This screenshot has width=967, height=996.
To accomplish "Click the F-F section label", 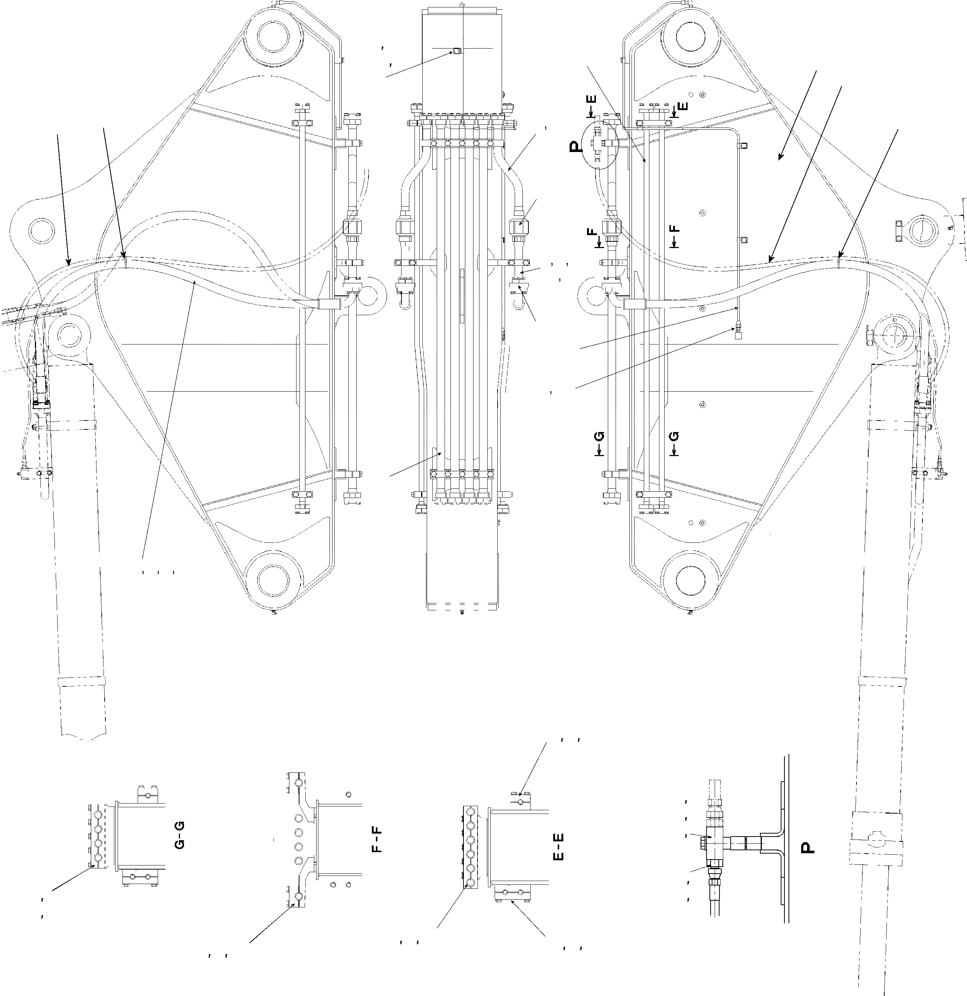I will click(377, 840).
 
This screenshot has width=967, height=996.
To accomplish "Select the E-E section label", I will click(558, 847).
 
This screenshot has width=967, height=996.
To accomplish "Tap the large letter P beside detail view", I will click(807, 847).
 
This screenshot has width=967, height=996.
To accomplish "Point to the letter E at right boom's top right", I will click(683, 106).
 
